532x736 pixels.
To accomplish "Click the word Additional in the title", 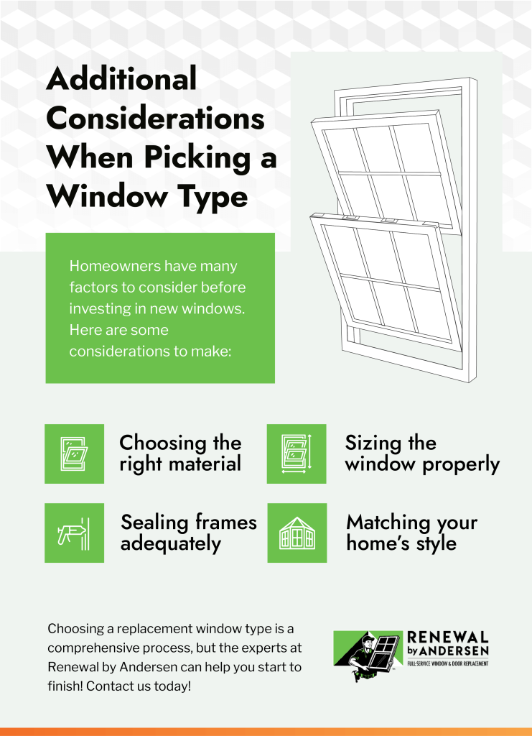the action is (x=121, y=78).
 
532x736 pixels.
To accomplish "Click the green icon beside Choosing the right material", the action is (x=74, y=454).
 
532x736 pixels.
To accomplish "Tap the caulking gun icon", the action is (x=74, y=533).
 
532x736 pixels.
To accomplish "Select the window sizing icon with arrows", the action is (x=297, y=454).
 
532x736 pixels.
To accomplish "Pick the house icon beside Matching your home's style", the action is (x=297, y=533).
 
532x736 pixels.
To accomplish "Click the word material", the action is (x=205, y=464).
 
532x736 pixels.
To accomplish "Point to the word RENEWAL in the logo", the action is (x=447, y=638).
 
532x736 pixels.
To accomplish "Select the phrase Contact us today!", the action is (x=139, y=686).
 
